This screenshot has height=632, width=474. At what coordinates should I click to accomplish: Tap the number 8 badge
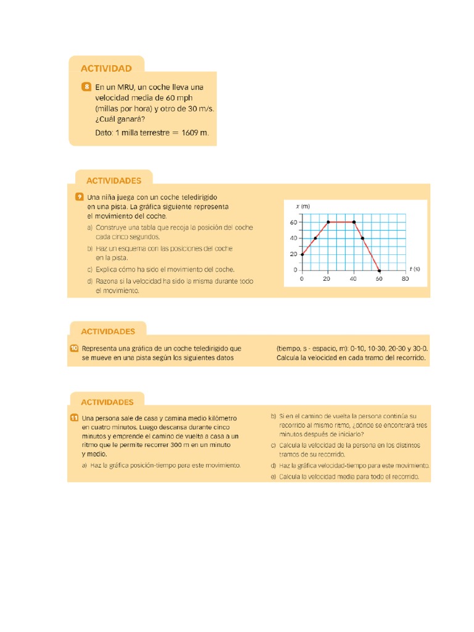(86, 86)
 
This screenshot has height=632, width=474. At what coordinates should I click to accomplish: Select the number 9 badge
(78, 197)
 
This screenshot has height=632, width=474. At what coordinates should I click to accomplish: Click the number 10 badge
(74, 349)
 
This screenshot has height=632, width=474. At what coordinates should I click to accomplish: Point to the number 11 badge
(74, 418)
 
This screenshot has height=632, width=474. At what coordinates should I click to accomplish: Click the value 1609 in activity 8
(193, 132)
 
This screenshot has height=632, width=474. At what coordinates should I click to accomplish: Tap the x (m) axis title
(302, 206)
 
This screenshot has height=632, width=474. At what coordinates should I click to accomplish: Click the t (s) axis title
(414, 269)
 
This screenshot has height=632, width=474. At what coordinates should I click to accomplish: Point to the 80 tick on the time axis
(405, 279)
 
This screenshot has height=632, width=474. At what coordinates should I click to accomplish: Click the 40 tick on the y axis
(293, 238)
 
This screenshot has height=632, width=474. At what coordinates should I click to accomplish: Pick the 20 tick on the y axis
(293, 254)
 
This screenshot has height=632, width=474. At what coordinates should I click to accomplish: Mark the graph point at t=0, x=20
(302, 254)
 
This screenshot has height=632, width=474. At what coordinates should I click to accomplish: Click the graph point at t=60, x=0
(379, 270)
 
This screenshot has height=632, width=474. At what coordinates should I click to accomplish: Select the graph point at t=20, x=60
(328, 222)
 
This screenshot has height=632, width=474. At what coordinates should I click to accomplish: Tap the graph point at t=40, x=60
(353, 222)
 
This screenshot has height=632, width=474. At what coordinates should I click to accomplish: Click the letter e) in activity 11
(273, 477)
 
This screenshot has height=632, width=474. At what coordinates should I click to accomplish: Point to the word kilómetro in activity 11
(218, 418)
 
